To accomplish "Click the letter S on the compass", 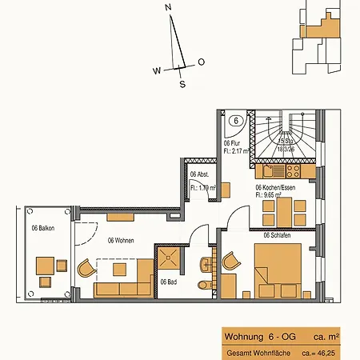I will [x=182, y=83].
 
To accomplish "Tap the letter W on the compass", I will [x=158, y=70].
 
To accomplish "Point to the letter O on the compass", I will [x=201, y=62].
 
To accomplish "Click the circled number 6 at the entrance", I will [x=237, y=122].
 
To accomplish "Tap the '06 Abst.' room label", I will [x=199, y=174].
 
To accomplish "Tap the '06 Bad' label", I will [x=168, y=282].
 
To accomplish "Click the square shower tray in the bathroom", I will [x=169, y=258].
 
